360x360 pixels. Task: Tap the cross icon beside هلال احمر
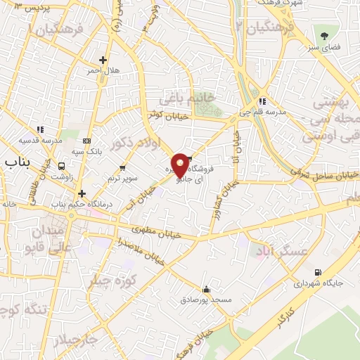point(103,60)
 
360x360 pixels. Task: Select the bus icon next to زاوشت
point(62,167)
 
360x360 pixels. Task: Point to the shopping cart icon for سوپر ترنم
point(122,168)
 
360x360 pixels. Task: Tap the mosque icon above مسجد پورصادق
point(206,289)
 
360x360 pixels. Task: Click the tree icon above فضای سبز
point(324,35)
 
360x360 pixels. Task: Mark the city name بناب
point(19,162)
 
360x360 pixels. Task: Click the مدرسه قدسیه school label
point(32,140)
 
